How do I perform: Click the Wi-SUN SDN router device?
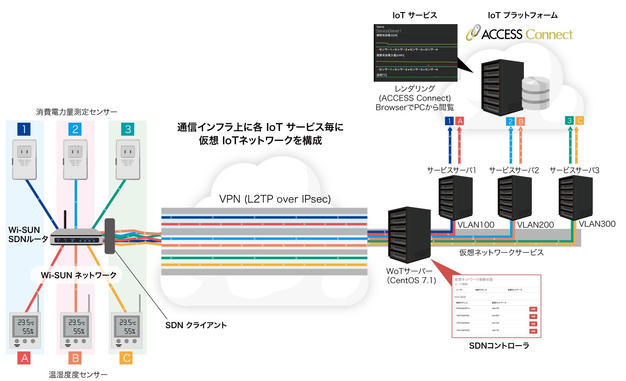pyautogui.click(x=76, y=237)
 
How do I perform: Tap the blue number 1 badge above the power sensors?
pyautogui.click(x=24, y=129)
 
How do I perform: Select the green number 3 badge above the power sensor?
pyautogui.click(x=128, y=129)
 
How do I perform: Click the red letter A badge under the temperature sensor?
pyautogui.click(x=25, y=358)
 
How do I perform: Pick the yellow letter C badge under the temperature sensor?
pyautogui.click(x=127, y=358)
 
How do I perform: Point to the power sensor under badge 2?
pyautogui.click(x=75, y=159)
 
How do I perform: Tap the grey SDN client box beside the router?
pyautogui.click(x=110, y=236)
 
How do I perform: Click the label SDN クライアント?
pyautogui.click(x=196, y=325)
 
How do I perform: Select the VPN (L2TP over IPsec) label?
pyautogui.click(x=275, y=199)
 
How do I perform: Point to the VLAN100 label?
pyautogui.click(x=476, y=225)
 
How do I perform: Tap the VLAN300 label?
pyautogui.click(x=597, y=224)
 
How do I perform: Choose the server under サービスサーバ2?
pyautogui.click(x=514, y=198)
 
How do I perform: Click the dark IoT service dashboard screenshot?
pyautogui.click(x=416, y=53)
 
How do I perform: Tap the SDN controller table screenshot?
pyautogui.click(x=496, y=306)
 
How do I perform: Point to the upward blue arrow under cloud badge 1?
pyautogui.click(x=450, y=146)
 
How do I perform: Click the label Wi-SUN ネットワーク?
pyautogui.click(x=78, y=275)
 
